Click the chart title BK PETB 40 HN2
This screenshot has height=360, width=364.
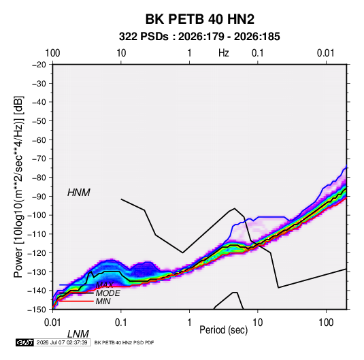pos(199,19)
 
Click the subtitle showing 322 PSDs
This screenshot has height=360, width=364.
pos(199,37)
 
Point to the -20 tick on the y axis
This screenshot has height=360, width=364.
pos(39,65)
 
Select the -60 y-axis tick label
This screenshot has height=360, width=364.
pos(39,140)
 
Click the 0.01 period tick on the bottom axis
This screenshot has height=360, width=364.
pos(53,323)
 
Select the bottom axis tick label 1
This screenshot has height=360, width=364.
pos(189,323)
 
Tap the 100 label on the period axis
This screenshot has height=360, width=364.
pos(326,323)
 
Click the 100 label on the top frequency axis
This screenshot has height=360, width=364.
pos(52,53)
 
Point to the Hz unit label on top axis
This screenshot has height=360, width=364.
pos(224,53)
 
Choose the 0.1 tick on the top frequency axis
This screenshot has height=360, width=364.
pos(258,53)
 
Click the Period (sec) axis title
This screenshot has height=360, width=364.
pos(224,330)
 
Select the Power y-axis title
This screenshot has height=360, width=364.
pos(18,186)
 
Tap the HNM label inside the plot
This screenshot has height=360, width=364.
pos(79,193)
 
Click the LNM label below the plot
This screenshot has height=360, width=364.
pos(78,334)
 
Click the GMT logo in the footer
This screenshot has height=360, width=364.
pos(25,342)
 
